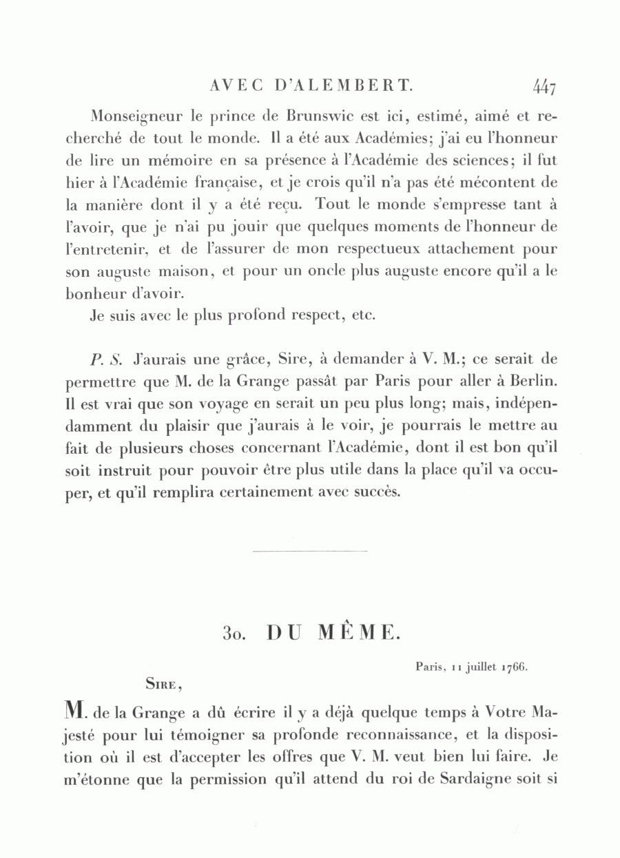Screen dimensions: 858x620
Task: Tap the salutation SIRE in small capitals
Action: point(163,684)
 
